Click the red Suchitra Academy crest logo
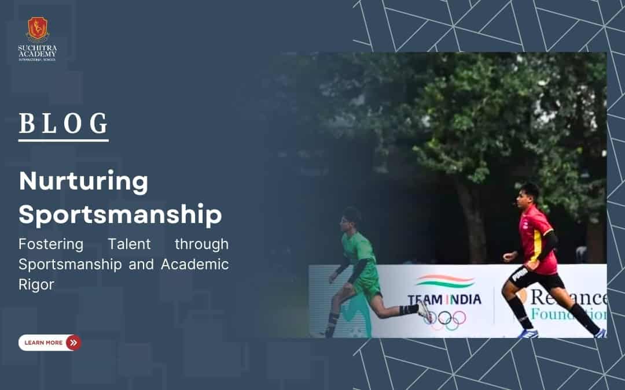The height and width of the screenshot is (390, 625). [x=38, y=28]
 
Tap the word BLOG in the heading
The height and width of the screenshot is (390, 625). [x=64, y=124]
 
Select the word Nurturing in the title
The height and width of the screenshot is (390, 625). [x=83, y=181]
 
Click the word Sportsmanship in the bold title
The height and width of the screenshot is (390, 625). [x=120, y=214]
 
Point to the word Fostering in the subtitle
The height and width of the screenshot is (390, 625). [x=51, y=244]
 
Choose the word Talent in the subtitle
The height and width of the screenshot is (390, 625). [x=128, y=244]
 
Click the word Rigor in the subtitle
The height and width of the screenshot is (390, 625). [x=36, y=285]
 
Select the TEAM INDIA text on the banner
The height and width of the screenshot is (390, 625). [x=444, y=299]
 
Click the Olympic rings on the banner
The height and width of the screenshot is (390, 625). [x=444, y=317]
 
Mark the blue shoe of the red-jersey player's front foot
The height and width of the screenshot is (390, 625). [x=528, y=333]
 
